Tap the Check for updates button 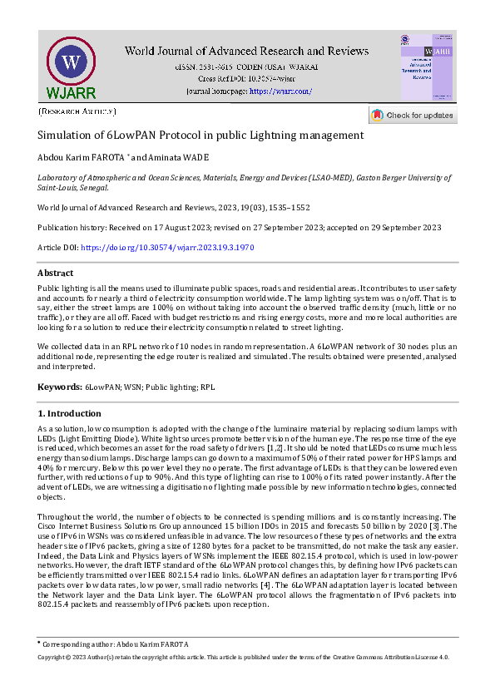tap(413, 115)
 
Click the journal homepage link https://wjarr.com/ tap(280, 91)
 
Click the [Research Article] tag tap(77, 111)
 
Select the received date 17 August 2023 tap(192, 228)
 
